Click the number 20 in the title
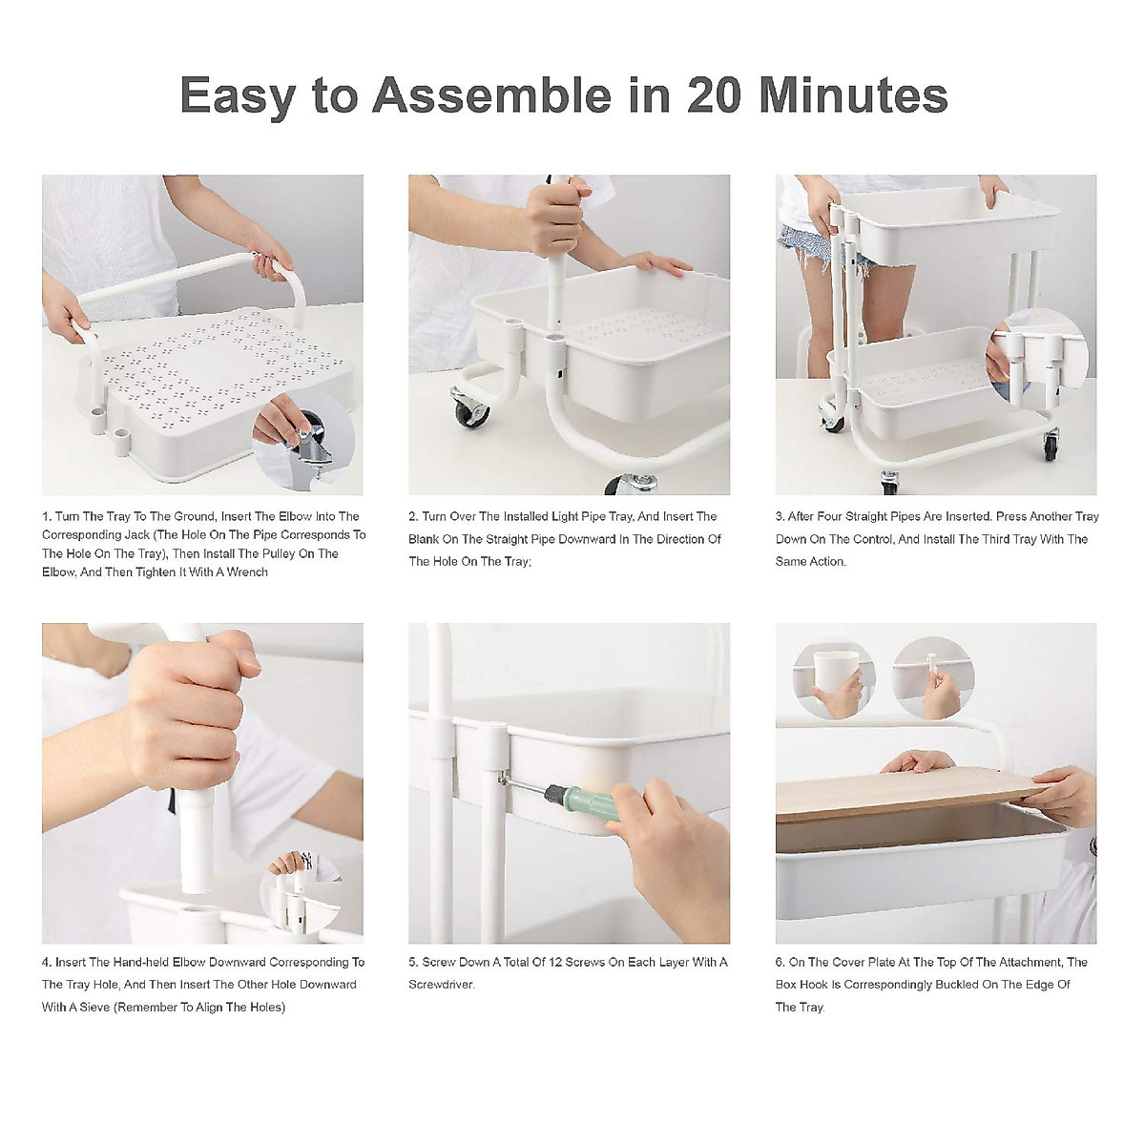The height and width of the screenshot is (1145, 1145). (x=715, y=95)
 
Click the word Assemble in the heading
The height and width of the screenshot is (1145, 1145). (x=492, y=95)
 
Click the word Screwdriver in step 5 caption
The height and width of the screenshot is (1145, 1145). (x=442, y=985)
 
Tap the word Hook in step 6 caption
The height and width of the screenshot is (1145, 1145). (x=814, y=985)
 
